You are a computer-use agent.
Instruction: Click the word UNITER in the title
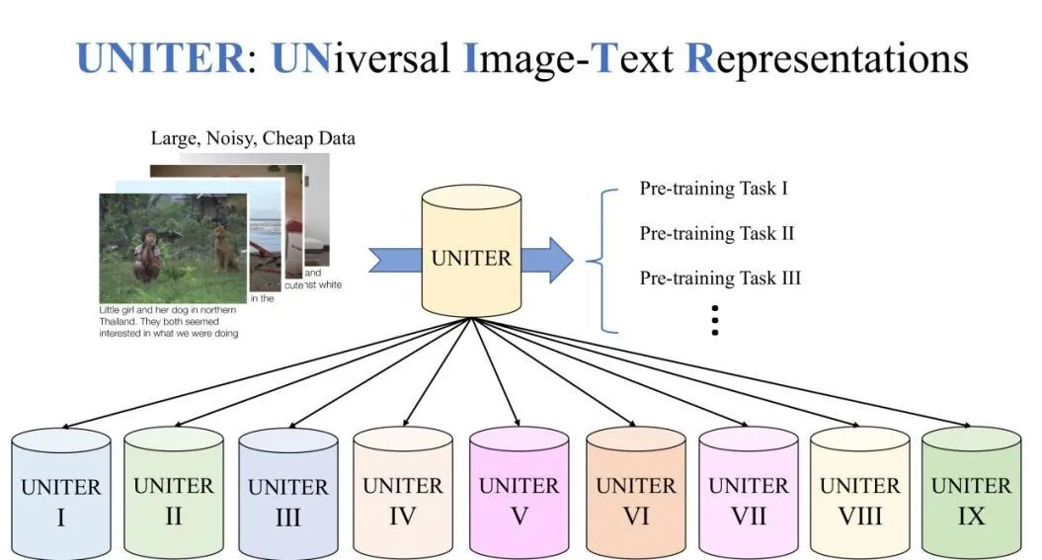[161, 57]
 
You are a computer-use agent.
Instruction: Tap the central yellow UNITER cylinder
[472, 255]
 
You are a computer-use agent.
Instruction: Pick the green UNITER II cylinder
[173, 494]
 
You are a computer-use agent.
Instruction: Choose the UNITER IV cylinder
[402, 494]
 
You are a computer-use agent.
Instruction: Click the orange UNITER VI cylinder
[635, 494]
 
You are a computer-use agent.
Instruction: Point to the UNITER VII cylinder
[749, 494]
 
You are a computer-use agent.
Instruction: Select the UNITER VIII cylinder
[859, 494]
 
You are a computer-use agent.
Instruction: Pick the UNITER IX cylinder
[971, 494]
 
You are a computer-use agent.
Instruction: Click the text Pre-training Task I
[713, 188]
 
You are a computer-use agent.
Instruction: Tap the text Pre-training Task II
[716, 233]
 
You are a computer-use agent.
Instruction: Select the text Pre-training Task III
[720, 278]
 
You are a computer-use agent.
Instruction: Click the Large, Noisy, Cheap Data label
[253, 138]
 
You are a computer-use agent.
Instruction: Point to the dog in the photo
[226, 247]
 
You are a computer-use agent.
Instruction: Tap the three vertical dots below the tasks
[714, 321]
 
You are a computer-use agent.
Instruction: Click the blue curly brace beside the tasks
[597, 260]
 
